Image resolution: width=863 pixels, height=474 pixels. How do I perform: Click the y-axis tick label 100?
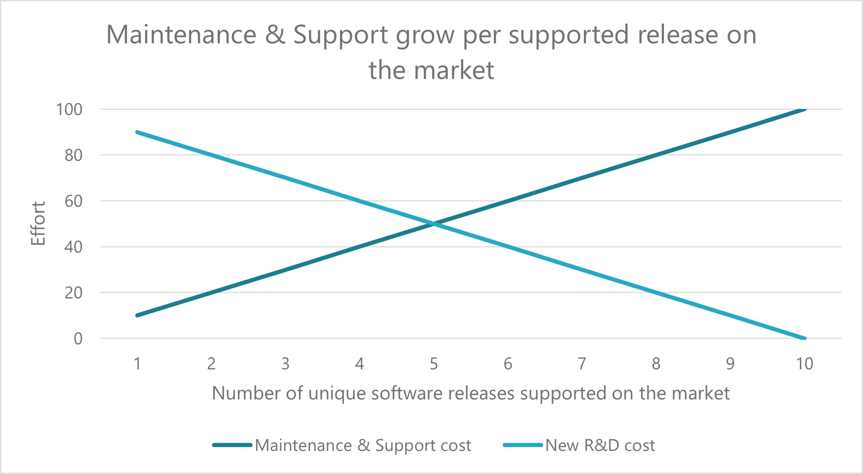click(x=69, y=109)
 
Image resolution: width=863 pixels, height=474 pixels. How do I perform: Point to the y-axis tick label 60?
click(x=73, y=201)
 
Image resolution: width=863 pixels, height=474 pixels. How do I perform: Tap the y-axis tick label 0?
click(x=78, y=339)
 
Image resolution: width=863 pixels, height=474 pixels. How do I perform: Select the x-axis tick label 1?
click(x=138, y=364)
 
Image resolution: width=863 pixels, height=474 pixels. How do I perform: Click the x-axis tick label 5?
click(x=434, y=364)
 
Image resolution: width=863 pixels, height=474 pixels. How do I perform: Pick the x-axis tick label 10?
click(x=804, y=364)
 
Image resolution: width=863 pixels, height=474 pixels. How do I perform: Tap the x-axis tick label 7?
click(x=582, y=364)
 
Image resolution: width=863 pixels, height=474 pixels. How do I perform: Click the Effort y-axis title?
click(x=38, y=223)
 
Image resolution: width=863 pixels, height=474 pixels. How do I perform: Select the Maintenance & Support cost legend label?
click(x=363, y=445)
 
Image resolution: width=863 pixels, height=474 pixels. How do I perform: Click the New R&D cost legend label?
click(x=600, y=445)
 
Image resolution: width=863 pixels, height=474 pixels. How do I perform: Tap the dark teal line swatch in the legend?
click(x=232, y=445)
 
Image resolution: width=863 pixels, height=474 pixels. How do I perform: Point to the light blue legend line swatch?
click(x=523, y=445)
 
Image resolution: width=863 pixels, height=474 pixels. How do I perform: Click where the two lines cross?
click(x=433, y=224)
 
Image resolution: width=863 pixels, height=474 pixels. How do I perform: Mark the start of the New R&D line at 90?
click(x=138, y=133)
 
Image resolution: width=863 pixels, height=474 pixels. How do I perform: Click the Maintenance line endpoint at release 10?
click(x=804, y=109)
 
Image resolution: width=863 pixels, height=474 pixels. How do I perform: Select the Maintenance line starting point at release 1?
click(x=138, y=316)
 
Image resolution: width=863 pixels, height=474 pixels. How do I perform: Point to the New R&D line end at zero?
click(x=804, y=338)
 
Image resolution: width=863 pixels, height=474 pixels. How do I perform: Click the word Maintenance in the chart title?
click(x=181, y=35)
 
